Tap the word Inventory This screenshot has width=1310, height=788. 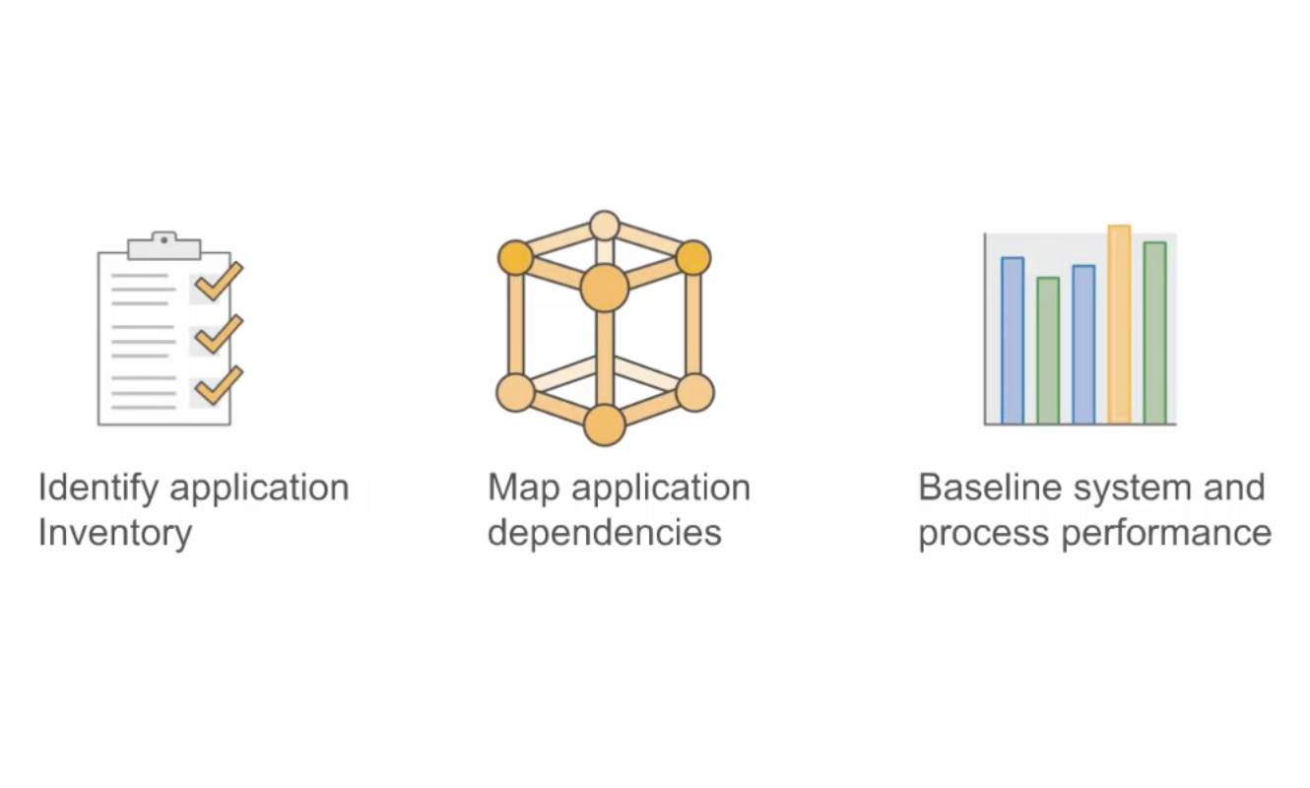tap(114, 533)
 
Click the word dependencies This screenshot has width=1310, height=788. tap(605, 533)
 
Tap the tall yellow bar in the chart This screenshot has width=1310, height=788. tap(1119, 325)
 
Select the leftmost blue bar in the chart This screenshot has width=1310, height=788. tap(1013, 341)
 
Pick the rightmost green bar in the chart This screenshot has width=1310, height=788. tap(1154, 333)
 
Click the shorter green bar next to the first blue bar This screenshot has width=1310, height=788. tap(1048, 351)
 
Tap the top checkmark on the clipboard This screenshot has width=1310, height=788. tap(218, 282)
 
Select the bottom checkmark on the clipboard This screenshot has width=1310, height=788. tap(218, 385)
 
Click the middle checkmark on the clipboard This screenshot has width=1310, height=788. tap(218, 334)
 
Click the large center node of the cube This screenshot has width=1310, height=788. tap(604, 289)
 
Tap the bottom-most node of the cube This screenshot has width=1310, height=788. tap(604, 425)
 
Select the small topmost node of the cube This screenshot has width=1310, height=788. tap(604, 226)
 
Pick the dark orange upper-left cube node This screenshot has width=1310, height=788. tap(514, 258)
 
